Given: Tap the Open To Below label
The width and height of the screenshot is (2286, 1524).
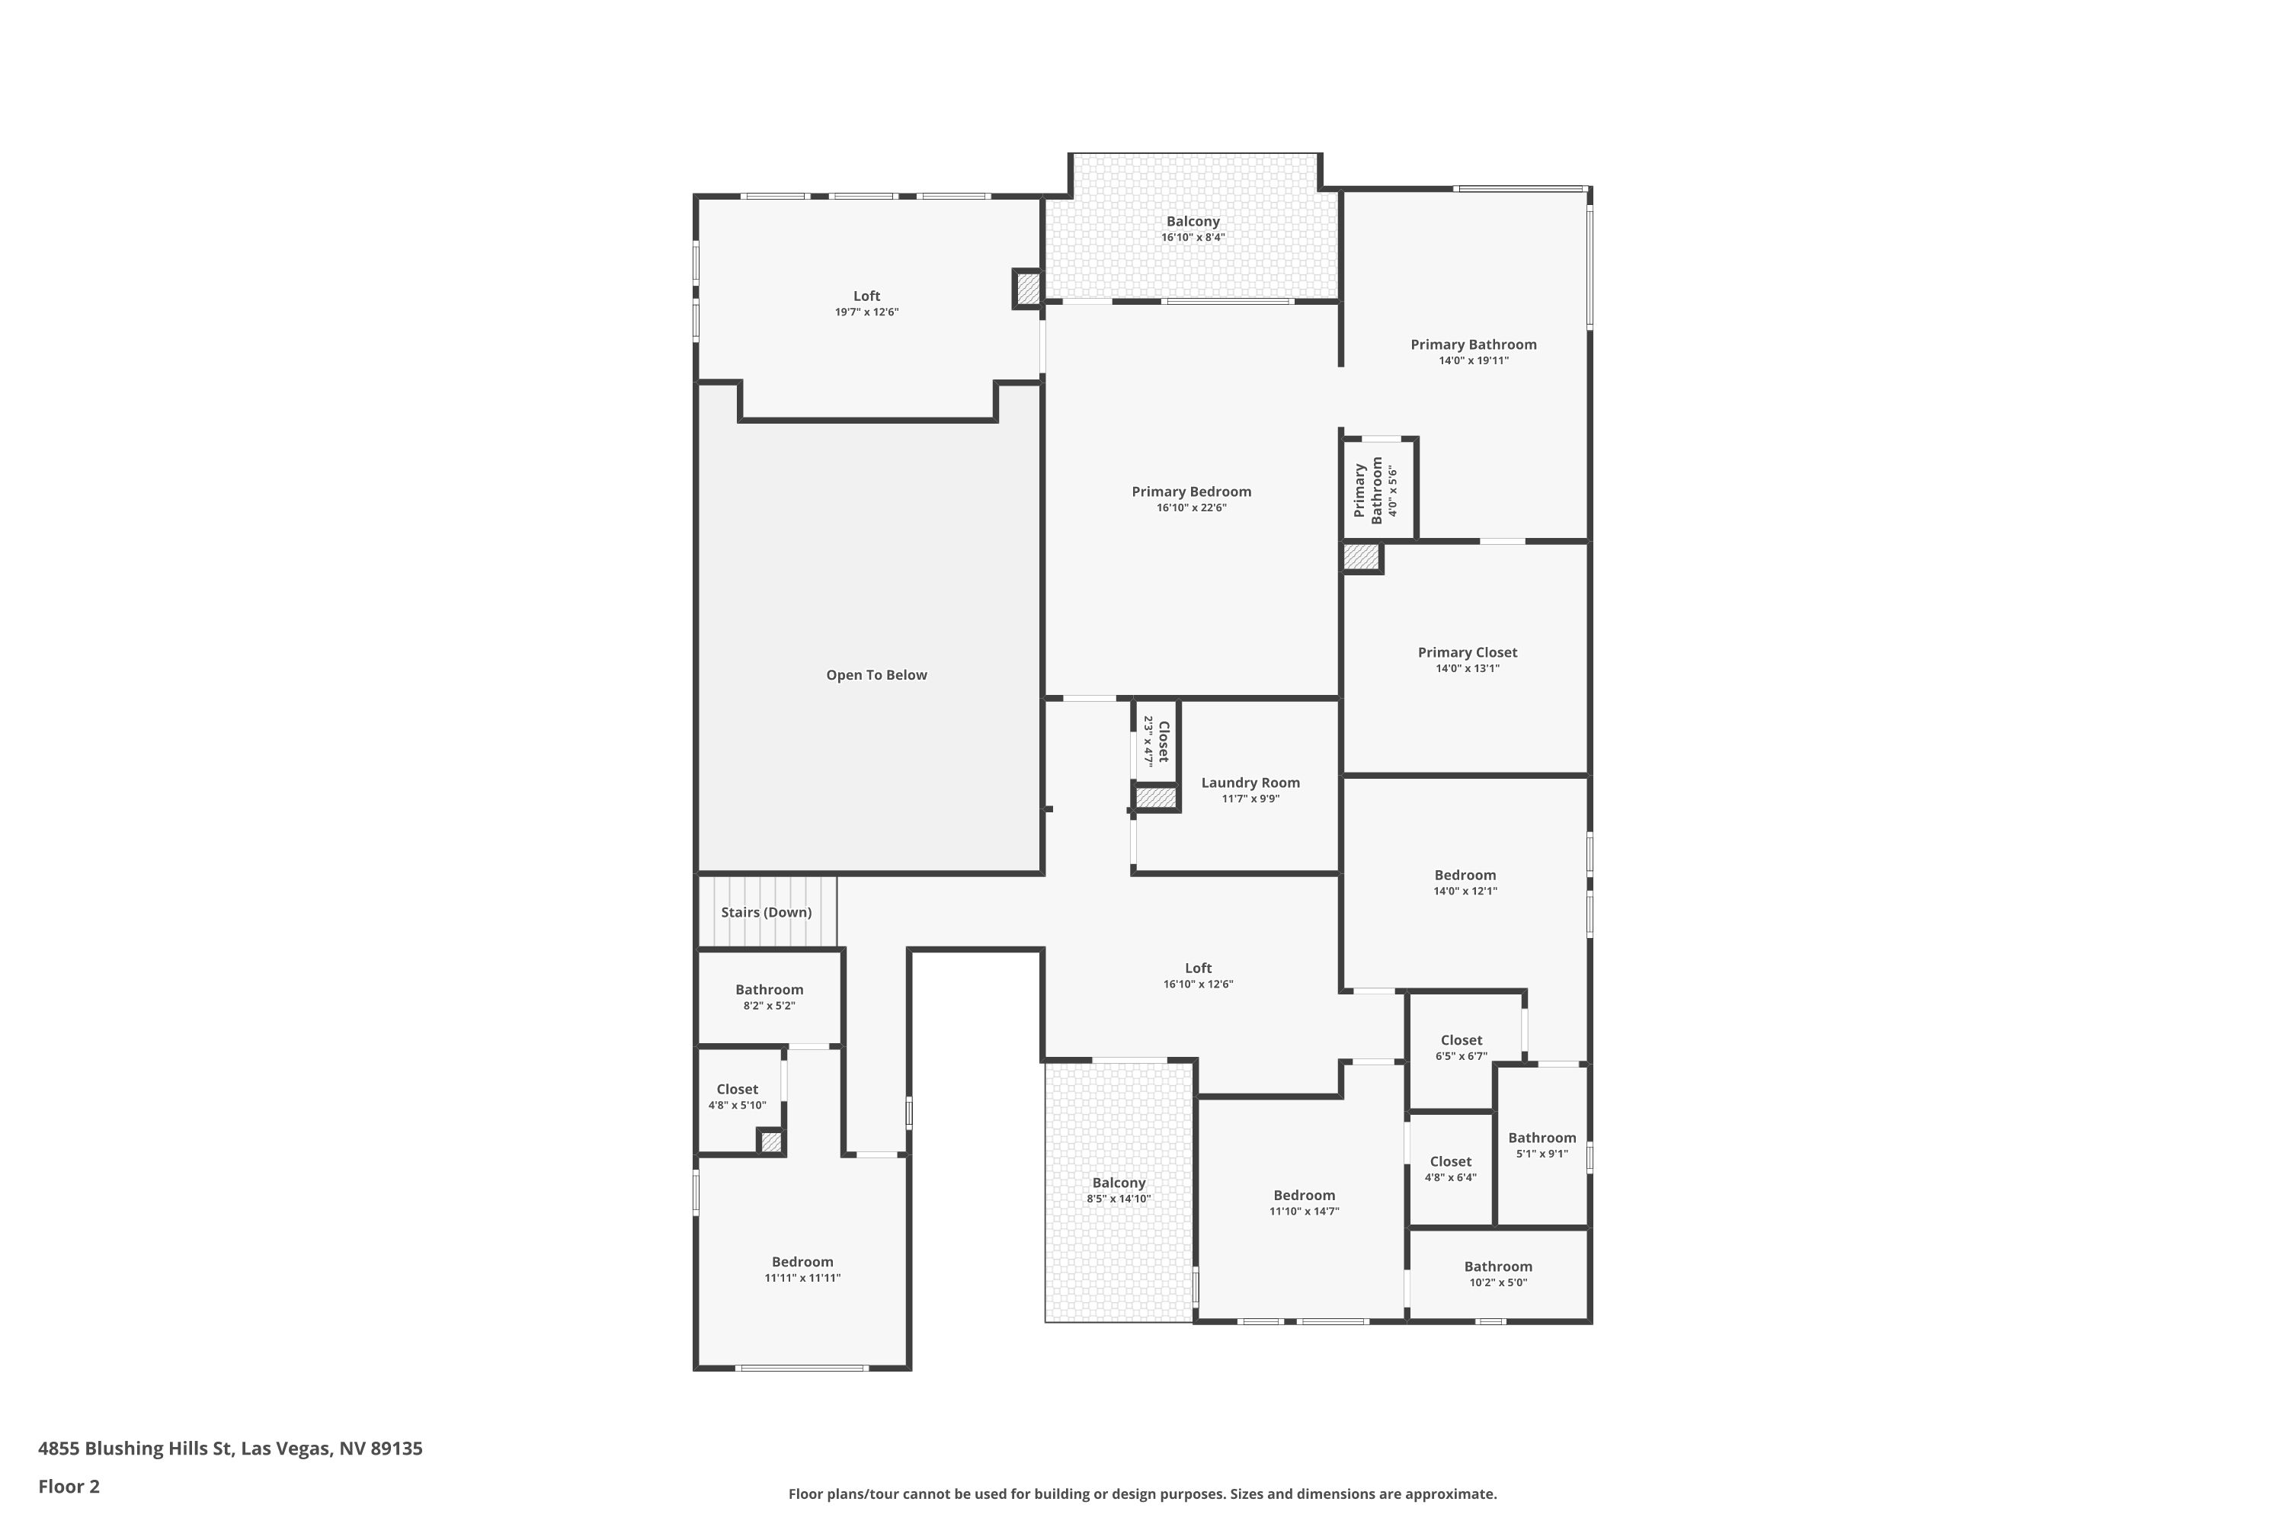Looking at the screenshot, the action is pos(877,675).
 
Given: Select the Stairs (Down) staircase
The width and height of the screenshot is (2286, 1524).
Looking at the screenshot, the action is pos(767,911).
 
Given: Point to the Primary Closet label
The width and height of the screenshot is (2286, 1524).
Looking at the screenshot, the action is pos(1468,652).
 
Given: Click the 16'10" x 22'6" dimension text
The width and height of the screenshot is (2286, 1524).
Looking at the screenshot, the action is pos(1192,507).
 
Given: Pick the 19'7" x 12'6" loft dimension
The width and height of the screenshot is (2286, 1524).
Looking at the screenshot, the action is pos(867,312).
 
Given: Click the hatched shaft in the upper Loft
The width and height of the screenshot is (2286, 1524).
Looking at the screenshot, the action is pos(1027,289).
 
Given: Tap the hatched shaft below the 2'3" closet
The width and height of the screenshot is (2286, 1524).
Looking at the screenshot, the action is pos(1157,798).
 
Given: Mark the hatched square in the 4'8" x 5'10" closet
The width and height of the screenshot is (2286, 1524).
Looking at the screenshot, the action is pos(770,1142).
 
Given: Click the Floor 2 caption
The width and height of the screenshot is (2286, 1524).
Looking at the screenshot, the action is pos(69,1486).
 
